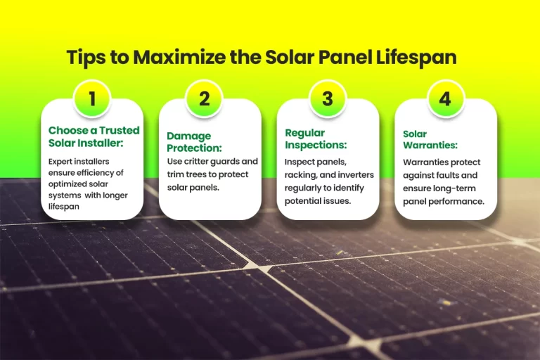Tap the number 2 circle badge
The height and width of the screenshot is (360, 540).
204,98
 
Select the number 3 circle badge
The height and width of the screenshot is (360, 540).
327,98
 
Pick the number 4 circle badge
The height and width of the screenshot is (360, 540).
444,98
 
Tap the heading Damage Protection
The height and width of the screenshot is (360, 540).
194,141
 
